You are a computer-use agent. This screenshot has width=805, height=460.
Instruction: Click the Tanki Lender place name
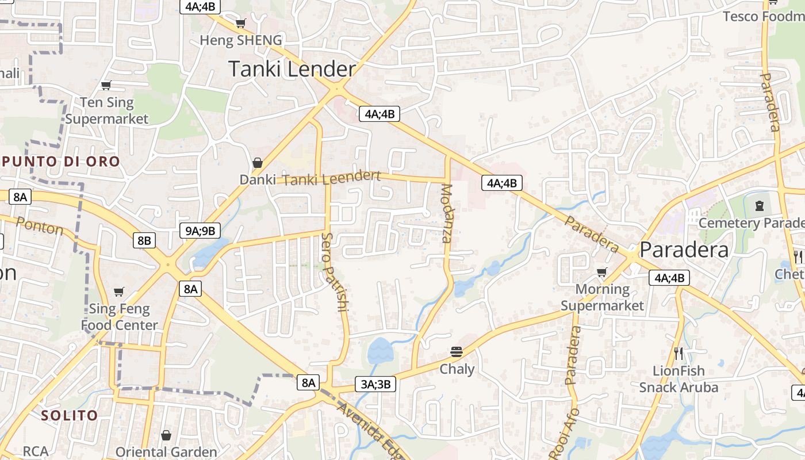tap(292, 69)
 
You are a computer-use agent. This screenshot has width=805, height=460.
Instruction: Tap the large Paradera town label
tap(684, 250)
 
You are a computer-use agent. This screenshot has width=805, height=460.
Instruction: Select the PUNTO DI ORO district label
tap(60, 161)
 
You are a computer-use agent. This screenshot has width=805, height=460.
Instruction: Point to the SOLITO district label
tap(69, 415)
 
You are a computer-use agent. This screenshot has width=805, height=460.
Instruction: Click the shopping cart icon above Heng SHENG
tap(240, 24)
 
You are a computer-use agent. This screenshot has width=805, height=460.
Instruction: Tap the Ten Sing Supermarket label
tap(107, 110)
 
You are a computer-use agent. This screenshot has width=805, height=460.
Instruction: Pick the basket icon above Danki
tap(258, 163)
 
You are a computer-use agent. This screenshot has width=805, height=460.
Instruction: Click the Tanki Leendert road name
tap(332, 179)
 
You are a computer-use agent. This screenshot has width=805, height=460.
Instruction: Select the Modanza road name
tap(447, 213)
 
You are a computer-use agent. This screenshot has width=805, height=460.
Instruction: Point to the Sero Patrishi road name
tap(335, 272)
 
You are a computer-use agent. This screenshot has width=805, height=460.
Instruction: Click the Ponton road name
tap(39, 226)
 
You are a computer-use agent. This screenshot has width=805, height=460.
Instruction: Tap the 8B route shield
tap(144, 240)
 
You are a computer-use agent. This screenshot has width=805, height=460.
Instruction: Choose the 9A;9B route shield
tap(200, 231)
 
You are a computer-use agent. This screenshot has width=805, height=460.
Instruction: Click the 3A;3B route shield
tap(375, 384)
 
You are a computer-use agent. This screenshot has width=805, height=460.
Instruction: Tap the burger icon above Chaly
tap(457, 351)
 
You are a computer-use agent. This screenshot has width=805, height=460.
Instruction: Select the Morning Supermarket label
tap(602, 297)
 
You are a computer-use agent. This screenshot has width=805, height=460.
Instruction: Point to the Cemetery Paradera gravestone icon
tap(760, 205)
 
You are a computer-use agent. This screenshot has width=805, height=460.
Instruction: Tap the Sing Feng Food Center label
tap(119, 317)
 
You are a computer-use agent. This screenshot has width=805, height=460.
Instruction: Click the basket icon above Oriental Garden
tap(166, 435)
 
